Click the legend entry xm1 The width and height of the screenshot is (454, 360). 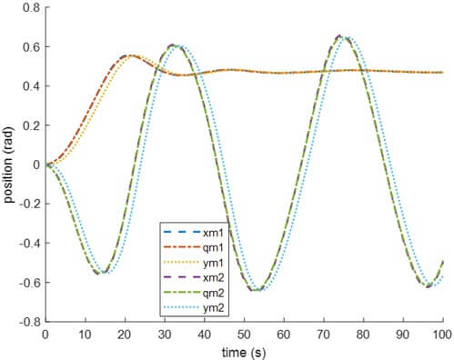coord(204,225)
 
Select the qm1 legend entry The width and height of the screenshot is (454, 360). coord(204,240)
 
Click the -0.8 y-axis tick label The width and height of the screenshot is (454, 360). coord(27,322)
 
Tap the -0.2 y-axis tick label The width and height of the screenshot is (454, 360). coord(27,204)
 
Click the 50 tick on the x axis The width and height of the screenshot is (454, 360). coord(244,334)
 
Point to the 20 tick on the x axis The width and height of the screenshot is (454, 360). coord(125,334)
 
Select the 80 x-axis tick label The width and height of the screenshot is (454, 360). coord(363,334)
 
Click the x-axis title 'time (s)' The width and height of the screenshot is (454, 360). coord(244,350)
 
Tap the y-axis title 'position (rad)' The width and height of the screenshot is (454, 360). coord(9,165)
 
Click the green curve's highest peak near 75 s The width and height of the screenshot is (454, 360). coord(341,36)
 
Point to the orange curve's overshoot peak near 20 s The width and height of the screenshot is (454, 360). coord(127,55)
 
